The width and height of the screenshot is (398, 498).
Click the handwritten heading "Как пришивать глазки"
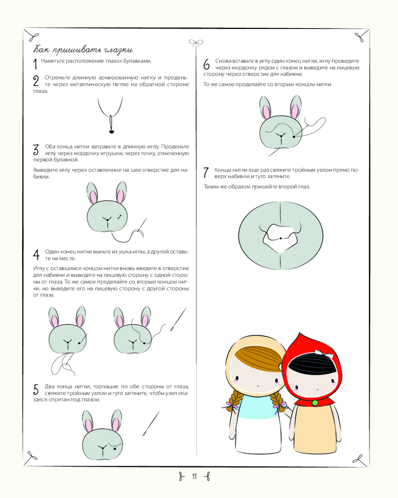pyautogui.click(x=83, y=50)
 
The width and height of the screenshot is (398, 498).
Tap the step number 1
pyautogui.click(x=35, y=64)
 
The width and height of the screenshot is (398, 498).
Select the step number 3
pyautogui.click(x=36, y=149)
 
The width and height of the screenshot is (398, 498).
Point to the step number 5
pyautogui.click(x=36, y=389)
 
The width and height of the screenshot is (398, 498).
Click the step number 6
pyautogui.click(x=206, y=64)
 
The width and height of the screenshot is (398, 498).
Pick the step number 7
pyautogui.click(x=206, y=173)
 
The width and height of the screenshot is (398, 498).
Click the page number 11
pyautogui.click(x=194, y=477)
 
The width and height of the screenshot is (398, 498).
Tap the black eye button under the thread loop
pyautogui.click(x=111, y=131)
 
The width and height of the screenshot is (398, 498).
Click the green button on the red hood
pyautogui.click(x=315, y=403)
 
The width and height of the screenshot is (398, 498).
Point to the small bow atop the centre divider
pyautogui.click(x=196, y=42)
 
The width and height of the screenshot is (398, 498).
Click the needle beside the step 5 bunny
pyautogui.click(x=151, y=423)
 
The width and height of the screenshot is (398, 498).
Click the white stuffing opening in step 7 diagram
pyautogui.click(x=280, y=238)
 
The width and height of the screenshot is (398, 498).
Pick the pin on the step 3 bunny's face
pyautogui.click(x=120, y=217)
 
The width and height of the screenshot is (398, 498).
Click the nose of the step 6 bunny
pyautogui.click(x=281, y=136)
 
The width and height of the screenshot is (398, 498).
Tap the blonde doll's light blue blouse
pyautogui.click(x=259, y=407)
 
